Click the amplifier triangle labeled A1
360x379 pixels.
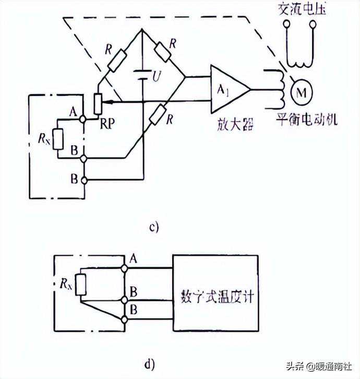coord(227,89)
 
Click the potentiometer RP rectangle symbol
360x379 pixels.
coord(98,104)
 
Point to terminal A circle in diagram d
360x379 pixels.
coord(124,268)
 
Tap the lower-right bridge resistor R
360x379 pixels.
coord(157,115)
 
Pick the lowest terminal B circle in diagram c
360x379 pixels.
coord(83,180)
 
